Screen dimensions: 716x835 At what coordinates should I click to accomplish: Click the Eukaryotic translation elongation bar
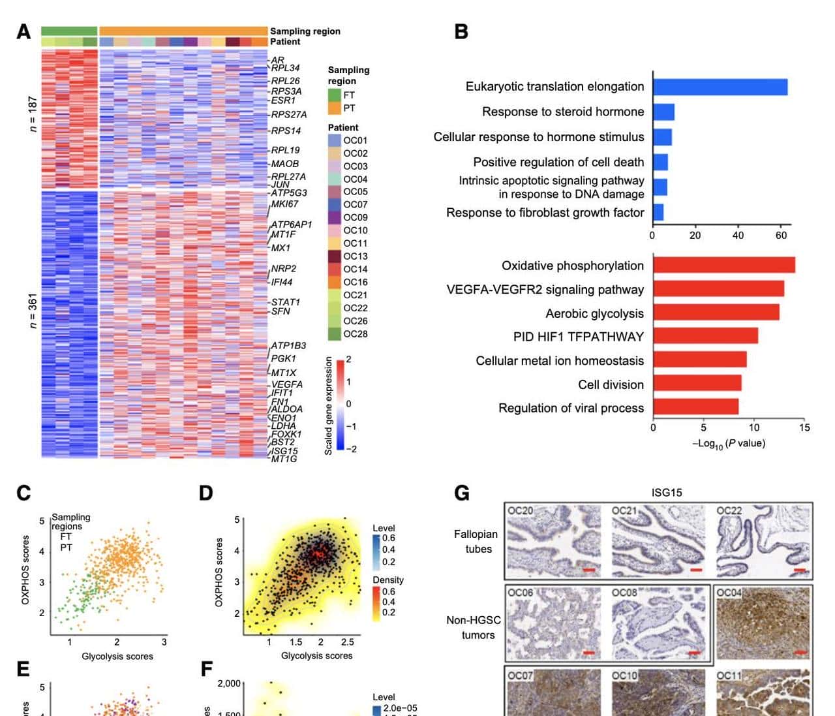[720, 87]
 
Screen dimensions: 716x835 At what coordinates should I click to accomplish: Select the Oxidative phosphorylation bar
[723, 265]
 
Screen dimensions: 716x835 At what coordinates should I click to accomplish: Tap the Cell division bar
[697, 384]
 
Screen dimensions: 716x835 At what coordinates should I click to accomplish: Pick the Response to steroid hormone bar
[663, 112]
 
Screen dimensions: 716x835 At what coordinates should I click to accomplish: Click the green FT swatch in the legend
[334, 95]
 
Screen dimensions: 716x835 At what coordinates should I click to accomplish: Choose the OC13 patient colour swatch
[334, 257]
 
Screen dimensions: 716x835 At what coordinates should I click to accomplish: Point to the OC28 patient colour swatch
[334, 334]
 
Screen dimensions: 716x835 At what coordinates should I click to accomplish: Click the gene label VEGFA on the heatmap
[287, 384]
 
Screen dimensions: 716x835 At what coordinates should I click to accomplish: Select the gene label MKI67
[284, 204]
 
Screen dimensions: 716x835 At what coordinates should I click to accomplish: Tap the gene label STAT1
[286, 302]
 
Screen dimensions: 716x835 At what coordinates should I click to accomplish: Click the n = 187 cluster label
[33, 114]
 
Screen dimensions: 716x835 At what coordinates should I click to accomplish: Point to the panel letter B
[461, 31]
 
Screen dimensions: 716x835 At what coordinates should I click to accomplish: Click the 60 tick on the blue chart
[781, 236]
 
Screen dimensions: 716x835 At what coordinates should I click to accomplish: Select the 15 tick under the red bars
[804, 428]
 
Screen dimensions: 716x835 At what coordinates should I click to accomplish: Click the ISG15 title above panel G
[667, 492]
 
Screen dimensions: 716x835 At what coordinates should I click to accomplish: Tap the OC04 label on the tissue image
[729, 593]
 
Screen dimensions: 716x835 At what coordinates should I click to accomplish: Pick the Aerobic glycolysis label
[594, 313]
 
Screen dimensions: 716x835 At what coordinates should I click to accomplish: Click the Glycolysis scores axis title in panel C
[117, 656]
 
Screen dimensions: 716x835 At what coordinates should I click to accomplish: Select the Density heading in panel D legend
[388, 580]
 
